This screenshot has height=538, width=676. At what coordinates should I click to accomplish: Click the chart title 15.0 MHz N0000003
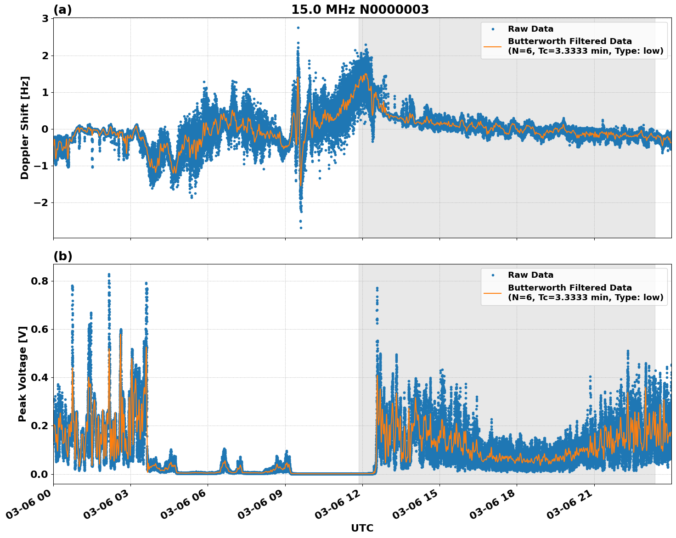click(x=360, y=10)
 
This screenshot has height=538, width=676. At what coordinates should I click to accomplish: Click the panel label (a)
click(x=62, y=10)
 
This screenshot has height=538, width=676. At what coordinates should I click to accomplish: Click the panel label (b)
click(x=62, y=256)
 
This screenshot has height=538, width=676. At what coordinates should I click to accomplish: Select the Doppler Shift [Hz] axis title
click(x=25, y=128)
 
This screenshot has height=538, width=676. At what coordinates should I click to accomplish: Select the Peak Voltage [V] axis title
click(x=23, y=374)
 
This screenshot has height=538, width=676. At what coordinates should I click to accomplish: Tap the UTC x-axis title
click(x=362, y=528)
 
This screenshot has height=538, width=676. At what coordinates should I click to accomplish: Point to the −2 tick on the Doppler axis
click(x=42, y=202)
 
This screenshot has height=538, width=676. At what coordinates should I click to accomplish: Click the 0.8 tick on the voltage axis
click(x=39, y=281)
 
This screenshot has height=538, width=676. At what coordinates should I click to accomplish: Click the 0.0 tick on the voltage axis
click(x=39, y=474)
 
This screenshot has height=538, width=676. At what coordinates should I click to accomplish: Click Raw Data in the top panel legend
click(x=530, y=29)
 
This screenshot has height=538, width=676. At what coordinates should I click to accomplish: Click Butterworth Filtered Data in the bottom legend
click(x=569, y=288)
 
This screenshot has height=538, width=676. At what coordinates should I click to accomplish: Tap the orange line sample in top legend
click(x=493, y=46)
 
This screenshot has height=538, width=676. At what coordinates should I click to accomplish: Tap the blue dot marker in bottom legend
click(x=493, y=275)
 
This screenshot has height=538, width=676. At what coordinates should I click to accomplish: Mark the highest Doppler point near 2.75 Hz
click(x=298, y=28)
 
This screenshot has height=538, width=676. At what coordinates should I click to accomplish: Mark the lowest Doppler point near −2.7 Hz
click(x=301, y=228)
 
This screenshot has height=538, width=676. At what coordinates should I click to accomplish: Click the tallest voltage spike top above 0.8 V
click(x=109, y=275)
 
